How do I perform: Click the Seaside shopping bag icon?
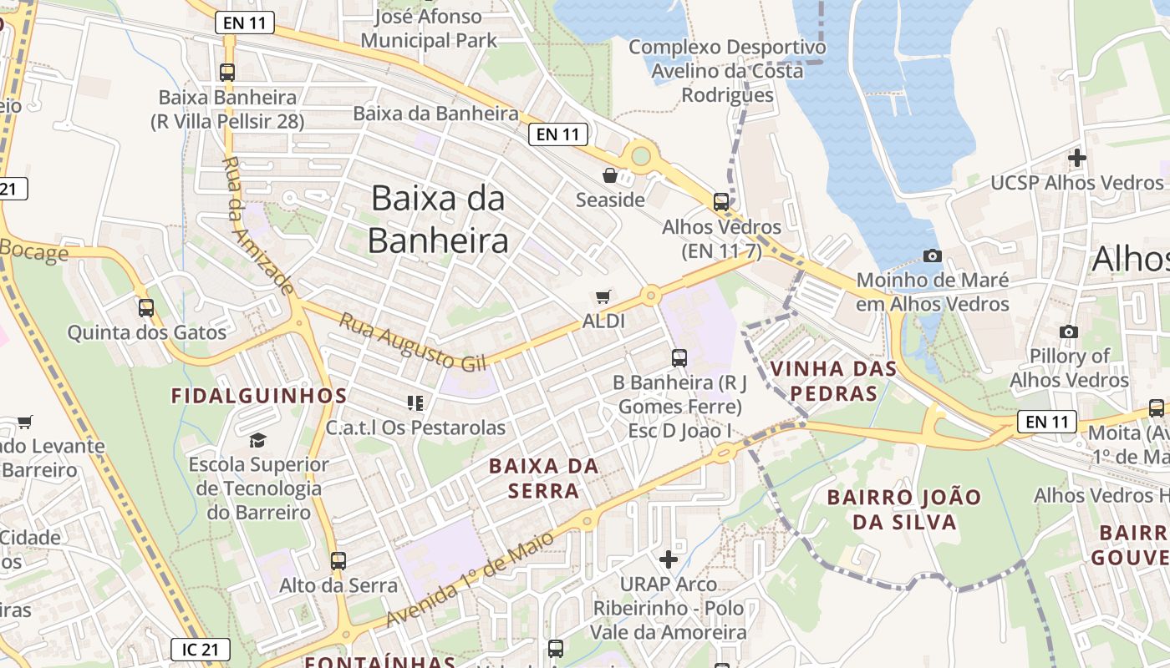610,175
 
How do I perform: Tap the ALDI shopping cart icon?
603,296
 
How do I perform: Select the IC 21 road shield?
201,649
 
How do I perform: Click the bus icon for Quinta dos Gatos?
146,307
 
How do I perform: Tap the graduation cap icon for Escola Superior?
258,439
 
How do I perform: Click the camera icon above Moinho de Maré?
933,256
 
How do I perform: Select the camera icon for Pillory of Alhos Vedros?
1068,331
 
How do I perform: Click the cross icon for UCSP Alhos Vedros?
1077,157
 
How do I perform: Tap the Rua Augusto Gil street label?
414,342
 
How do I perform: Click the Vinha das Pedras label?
833,381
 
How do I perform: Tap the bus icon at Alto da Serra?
338,560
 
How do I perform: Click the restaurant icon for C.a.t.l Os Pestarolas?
415,403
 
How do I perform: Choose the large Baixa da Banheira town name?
438,219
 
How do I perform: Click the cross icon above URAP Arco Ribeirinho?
669,559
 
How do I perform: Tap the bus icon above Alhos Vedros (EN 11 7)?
720,201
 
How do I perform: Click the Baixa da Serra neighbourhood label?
544,478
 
